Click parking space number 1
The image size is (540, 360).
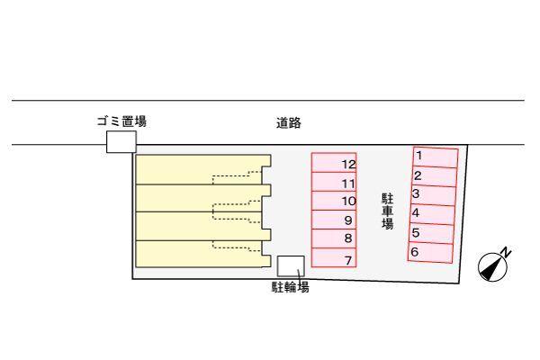436,157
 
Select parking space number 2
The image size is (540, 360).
435,176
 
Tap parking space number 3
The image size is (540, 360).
433,195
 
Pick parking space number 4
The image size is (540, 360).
432,214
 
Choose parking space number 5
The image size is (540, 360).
431,234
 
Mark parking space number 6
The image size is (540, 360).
430,253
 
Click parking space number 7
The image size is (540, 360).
334,257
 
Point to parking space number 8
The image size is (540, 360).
334,238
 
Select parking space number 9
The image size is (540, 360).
334,220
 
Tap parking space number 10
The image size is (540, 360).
334,201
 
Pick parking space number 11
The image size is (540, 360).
334,182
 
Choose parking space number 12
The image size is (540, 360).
334,163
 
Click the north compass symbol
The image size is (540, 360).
492,267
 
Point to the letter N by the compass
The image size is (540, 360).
505,252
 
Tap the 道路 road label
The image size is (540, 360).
289,123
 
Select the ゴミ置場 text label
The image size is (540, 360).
121,121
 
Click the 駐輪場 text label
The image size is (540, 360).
291,287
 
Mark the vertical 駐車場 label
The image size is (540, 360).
387,211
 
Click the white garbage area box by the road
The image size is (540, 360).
121,141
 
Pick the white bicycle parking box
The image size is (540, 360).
291,266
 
